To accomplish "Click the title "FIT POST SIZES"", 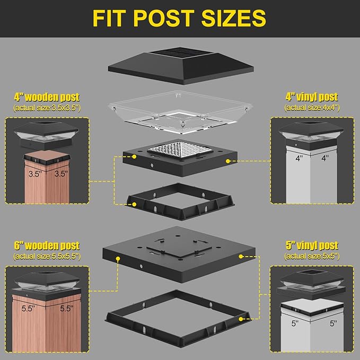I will [179, 18].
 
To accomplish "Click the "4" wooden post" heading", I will [47, 97].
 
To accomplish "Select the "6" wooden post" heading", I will [47, 246].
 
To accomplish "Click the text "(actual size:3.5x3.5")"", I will [47, 108].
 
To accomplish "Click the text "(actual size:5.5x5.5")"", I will [47, 257].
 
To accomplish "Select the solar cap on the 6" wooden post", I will [46, 284].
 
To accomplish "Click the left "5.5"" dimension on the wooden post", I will [30, 308].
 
